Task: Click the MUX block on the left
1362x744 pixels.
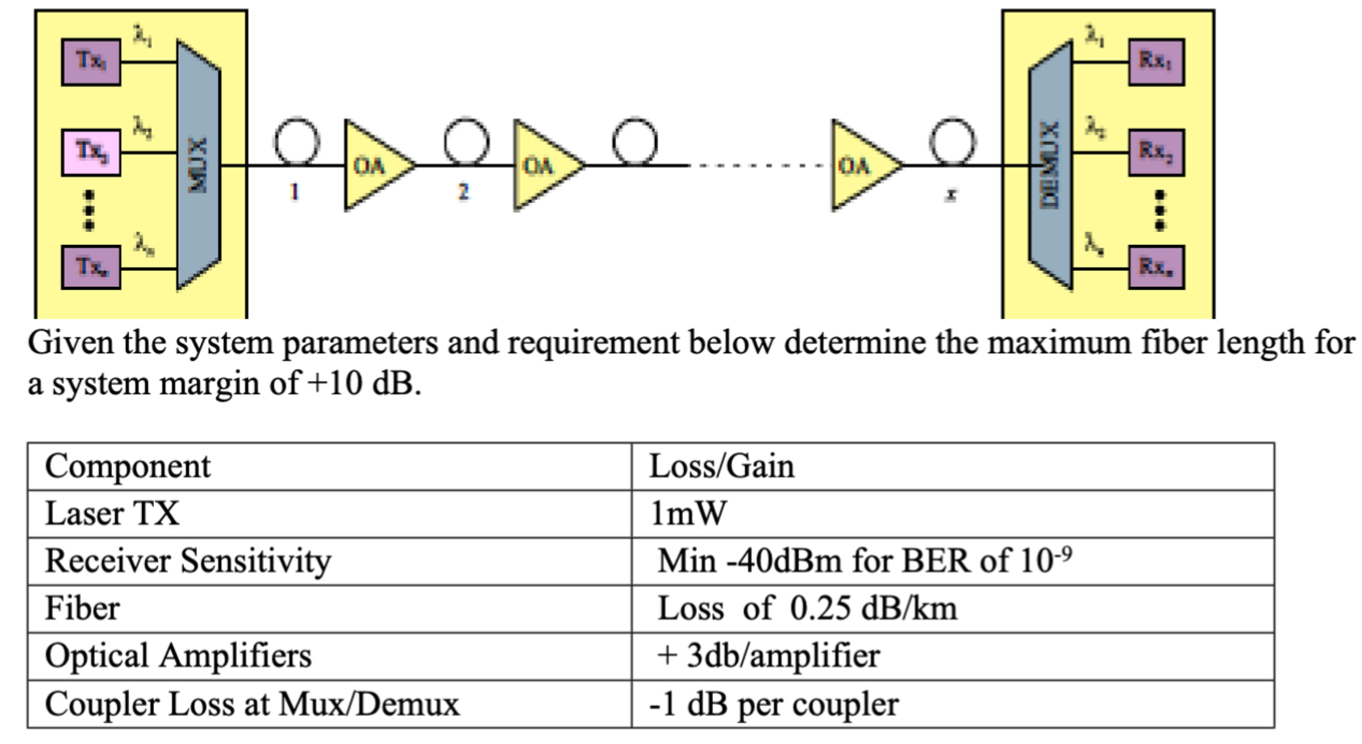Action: click(198, 165)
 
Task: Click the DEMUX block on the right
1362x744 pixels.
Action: click(1050, 165)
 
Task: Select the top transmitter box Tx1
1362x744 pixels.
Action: click(91, 61)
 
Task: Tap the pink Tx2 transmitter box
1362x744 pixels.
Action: click(91, 152)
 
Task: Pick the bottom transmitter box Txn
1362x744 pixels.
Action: click(91, 267)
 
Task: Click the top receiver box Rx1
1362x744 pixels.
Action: click(1156, 61)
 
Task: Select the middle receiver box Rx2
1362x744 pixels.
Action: click(1156, 152)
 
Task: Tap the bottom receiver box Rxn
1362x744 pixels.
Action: click(1156, 267)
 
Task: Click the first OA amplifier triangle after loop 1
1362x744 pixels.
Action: click(373, 165)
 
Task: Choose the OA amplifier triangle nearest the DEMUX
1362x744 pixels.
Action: click(861, 165)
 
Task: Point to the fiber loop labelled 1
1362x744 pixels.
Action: click(296, 142)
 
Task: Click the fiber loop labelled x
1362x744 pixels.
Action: click(952, 142)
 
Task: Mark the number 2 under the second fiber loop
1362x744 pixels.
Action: click(463, 192)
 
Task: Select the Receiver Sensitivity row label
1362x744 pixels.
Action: click(188, 561)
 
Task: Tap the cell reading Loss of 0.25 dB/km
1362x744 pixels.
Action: click(806, 609)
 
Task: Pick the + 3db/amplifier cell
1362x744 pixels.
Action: click(768, 656)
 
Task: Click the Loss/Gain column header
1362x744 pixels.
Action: click(722, 467)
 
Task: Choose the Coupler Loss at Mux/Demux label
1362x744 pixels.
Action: click(252, 705)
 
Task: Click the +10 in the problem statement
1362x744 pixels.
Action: click(335, 384)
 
